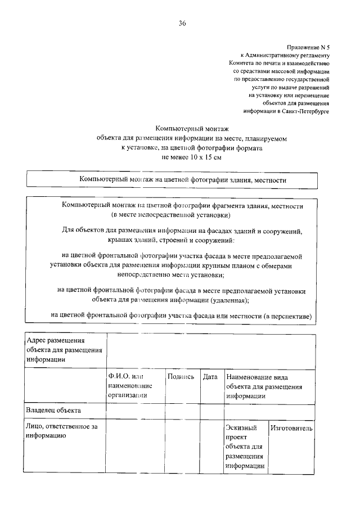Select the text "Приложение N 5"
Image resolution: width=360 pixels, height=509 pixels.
(x=308, y=47)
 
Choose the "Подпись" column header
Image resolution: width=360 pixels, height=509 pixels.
(x=181, y=377)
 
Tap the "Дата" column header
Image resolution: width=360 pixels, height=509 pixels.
(x=210, y=377)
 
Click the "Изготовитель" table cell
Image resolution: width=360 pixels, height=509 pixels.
(x=291, y=429)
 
